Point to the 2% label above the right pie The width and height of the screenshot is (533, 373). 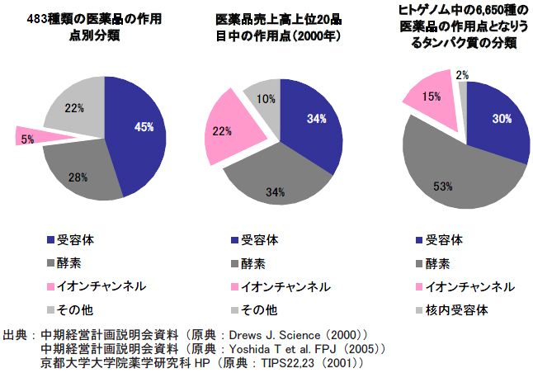tap(462, 75)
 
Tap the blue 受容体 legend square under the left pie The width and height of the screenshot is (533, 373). tap(51, 240)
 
